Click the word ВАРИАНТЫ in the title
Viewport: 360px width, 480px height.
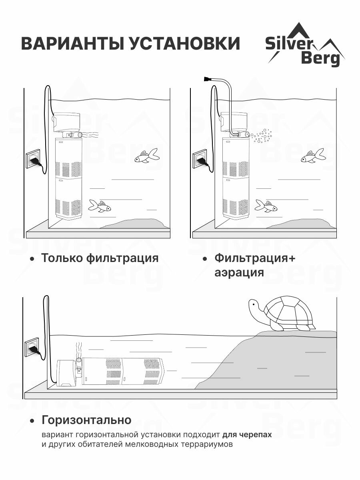(x=72, y=43)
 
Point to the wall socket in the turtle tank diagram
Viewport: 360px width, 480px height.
(x=32, y=346)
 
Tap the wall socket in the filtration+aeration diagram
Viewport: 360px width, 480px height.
(x=200, y=158)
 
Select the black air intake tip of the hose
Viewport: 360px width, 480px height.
(x=208, y=79)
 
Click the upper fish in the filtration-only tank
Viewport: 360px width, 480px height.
(x=146, y=156)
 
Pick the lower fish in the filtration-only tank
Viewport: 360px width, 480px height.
(x=100, y=206)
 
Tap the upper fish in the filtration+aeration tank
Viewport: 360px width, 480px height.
(x=313, y=156)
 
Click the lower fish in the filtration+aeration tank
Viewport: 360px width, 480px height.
(x=266, y=206)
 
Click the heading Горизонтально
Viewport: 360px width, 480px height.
(x=86, y=420)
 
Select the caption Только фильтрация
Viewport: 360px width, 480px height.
(x=100, y=258)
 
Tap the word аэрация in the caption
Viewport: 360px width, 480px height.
(x=239, y=272)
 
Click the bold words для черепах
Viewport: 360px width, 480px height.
(x=247, y=435)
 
